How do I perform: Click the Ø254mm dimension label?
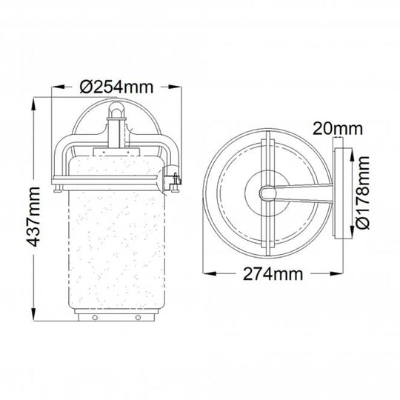116,87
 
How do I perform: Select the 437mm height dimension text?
33,217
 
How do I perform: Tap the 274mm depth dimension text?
273,274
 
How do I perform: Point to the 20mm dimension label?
337,128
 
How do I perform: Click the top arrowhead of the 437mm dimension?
33,104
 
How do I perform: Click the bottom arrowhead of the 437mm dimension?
33,314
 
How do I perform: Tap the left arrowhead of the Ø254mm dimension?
58,87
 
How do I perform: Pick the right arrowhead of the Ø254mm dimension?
176,87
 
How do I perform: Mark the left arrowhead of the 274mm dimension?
209,274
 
